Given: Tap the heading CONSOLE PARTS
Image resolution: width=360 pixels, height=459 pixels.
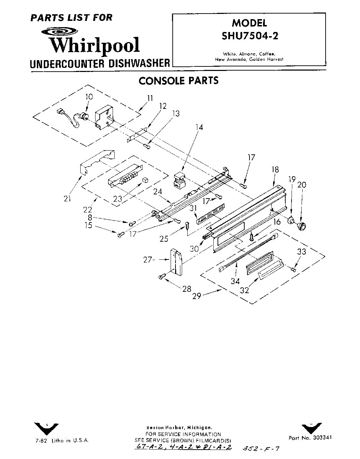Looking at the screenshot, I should [x=179, y=81].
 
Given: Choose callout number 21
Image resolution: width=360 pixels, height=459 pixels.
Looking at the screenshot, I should [x=67, y=199].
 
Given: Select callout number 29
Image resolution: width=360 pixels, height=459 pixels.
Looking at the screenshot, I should [x=197, y=297].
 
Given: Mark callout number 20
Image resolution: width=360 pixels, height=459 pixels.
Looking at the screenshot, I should [x=302, y=185].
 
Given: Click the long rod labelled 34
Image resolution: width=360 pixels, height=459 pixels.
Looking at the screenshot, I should [x=247, y=253].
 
